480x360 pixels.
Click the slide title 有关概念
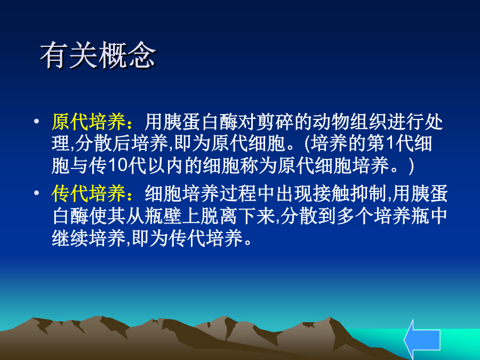[x=98, y=55]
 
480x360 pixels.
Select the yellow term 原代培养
[x=89, y=122]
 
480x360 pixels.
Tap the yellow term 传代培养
[x=89, y=194]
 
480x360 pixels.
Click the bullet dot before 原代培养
[x=37, y=122]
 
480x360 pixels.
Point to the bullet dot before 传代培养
[x=37, y=193]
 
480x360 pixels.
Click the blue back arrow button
[x=422, y=340]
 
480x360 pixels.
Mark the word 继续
[x=70, y=238]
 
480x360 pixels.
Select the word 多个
[x=356, y=215]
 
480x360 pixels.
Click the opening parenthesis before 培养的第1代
[x=307, y=143]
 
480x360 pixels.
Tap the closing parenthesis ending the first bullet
[x=411, y=166]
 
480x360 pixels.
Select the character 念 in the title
[x=142, y=55]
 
